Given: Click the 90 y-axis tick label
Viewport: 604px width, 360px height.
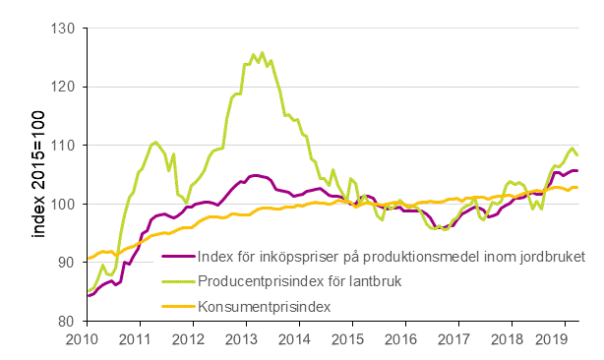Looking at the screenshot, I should tap(66, 263).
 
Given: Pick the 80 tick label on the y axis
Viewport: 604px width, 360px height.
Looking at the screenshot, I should tap(66, 321).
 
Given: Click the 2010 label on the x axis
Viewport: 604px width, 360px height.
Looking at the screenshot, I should tap(82, 339).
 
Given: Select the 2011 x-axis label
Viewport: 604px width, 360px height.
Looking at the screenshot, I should tap(138, 339).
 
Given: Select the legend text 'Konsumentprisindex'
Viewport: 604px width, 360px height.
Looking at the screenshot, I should tap(264, 307).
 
